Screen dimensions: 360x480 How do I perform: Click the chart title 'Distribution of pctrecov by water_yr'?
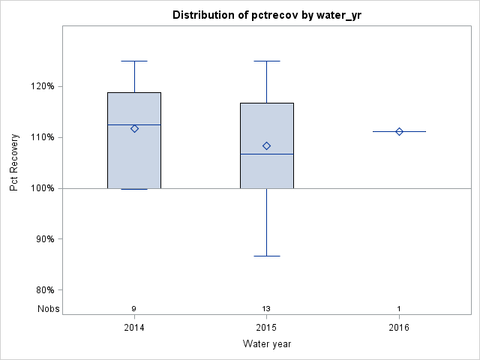click(266, 15)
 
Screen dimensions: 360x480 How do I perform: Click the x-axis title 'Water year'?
click(266, 343)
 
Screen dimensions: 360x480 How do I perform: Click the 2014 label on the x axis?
click(134, 328)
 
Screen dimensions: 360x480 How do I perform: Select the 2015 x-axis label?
click(266, 328)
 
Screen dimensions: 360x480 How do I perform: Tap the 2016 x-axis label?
click(399, 328)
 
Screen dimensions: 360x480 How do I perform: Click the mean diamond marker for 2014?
click(134, 128)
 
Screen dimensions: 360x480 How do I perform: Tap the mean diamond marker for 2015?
click(266, 145)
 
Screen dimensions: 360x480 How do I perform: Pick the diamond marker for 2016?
click(399, 131)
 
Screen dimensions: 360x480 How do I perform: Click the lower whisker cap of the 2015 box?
click(266, 256)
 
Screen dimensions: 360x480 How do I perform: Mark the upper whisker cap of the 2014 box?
click(134, 61)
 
